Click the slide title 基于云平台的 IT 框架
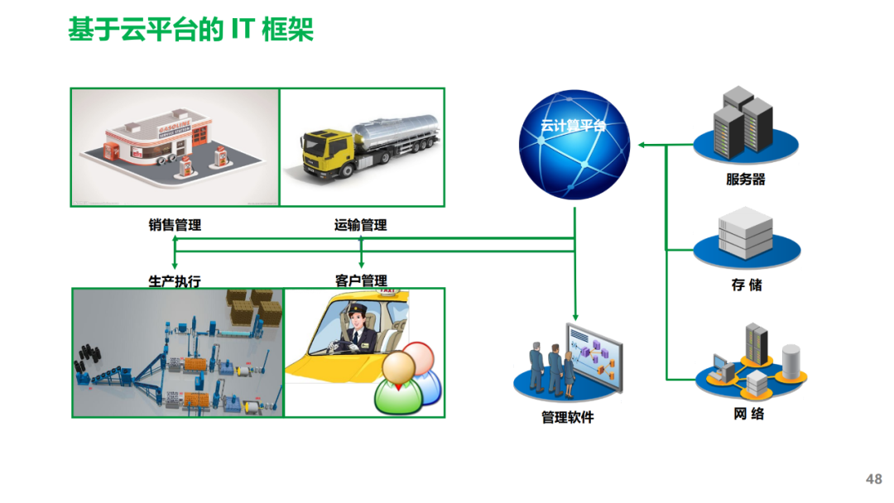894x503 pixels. coord(190,31)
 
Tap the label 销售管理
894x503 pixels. coord(175,225)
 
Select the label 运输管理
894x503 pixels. coord(360,225)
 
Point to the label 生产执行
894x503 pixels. coord(175,281)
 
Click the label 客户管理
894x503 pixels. coord(361,281)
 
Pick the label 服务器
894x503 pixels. coord(745,180)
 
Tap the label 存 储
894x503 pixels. coord(745,285)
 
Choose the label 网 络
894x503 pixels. coord(748,414)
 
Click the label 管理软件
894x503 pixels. coord(567,417)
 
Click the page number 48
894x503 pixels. coord(873,480)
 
